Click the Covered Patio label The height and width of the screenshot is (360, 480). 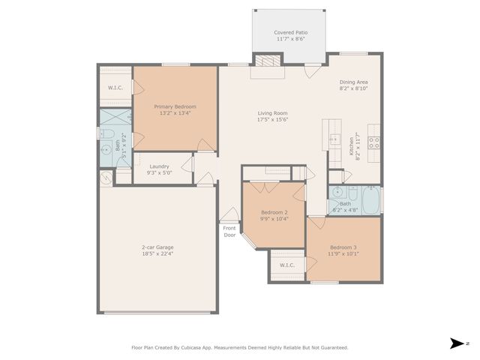(290, 37)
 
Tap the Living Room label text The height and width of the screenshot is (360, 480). (273, 116)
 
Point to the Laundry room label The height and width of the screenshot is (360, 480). (159, 169)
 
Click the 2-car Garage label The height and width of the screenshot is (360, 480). (157, 250)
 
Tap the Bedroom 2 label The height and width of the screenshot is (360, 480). (274, 216)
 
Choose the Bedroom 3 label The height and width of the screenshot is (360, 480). (343, 250)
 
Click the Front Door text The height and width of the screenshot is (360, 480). (229, 232)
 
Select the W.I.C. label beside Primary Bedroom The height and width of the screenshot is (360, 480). (115, 88)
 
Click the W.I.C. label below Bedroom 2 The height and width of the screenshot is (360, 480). (287, 265)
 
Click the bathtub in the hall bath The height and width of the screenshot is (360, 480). (370, 200)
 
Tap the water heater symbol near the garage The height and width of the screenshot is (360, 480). (106, 178)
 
